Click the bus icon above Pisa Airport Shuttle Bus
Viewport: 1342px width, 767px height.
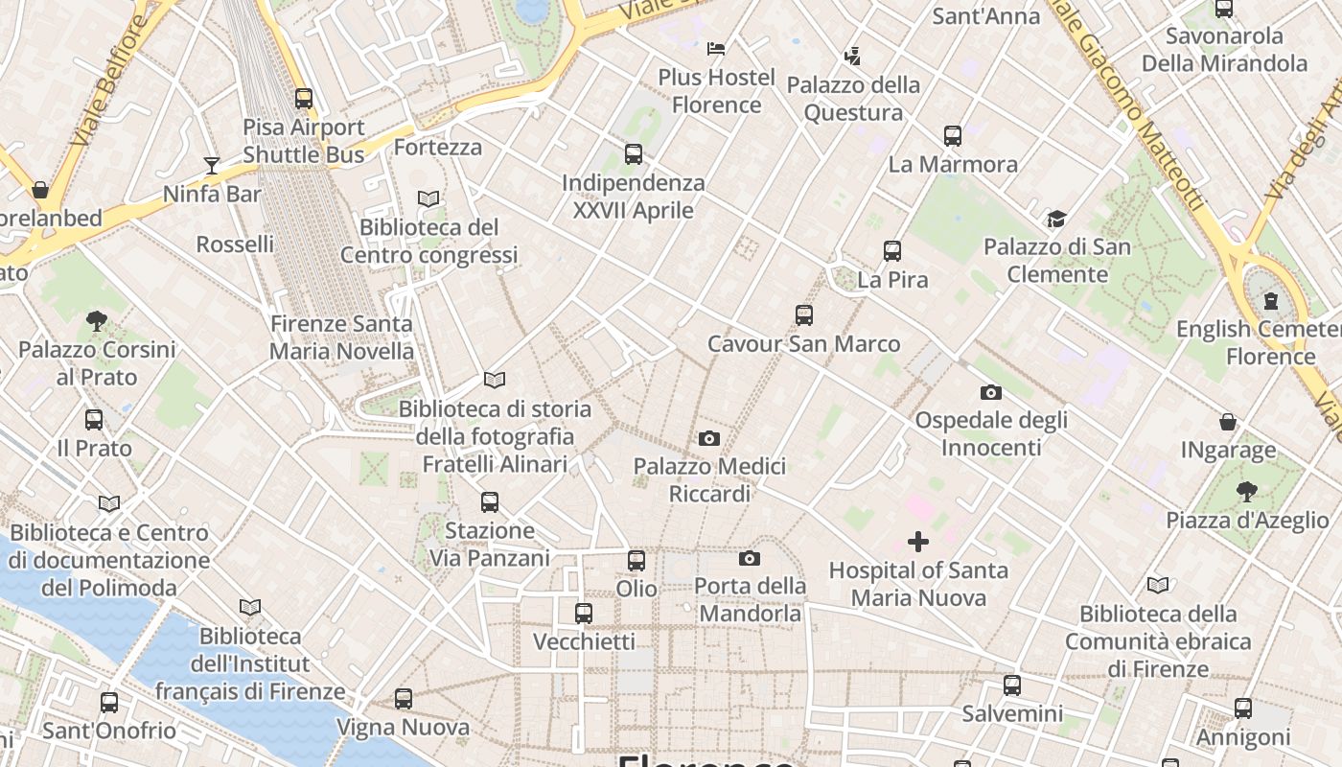[304, 98]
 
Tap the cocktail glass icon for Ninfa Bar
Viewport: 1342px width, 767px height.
[212, 166]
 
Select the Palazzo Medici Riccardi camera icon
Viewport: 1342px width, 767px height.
[709, 438]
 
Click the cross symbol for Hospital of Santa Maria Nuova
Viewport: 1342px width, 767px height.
[918, 542]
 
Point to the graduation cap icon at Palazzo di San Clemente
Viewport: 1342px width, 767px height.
[1056, 219]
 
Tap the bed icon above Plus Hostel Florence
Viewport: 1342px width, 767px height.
[716, 48]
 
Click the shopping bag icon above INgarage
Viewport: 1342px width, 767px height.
[1228, 422]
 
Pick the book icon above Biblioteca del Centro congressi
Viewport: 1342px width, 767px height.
[428, 198]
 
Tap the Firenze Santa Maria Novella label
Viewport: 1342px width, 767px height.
[341, 337]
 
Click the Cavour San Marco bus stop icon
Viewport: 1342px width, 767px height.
[804, 314]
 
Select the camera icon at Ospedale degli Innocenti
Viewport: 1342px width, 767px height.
[991, 392]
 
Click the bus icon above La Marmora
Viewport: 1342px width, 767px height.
[952, 136]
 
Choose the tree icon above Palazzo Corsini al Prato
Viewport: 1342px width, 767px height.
[96, 320]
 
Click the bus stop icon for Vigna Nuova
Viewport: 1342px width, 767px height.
[404, 699]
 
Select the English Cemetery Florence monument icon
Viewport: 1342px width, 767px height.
[1271, 301]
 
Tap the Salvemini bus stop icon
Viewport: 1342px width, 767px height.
[1012, 686]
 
